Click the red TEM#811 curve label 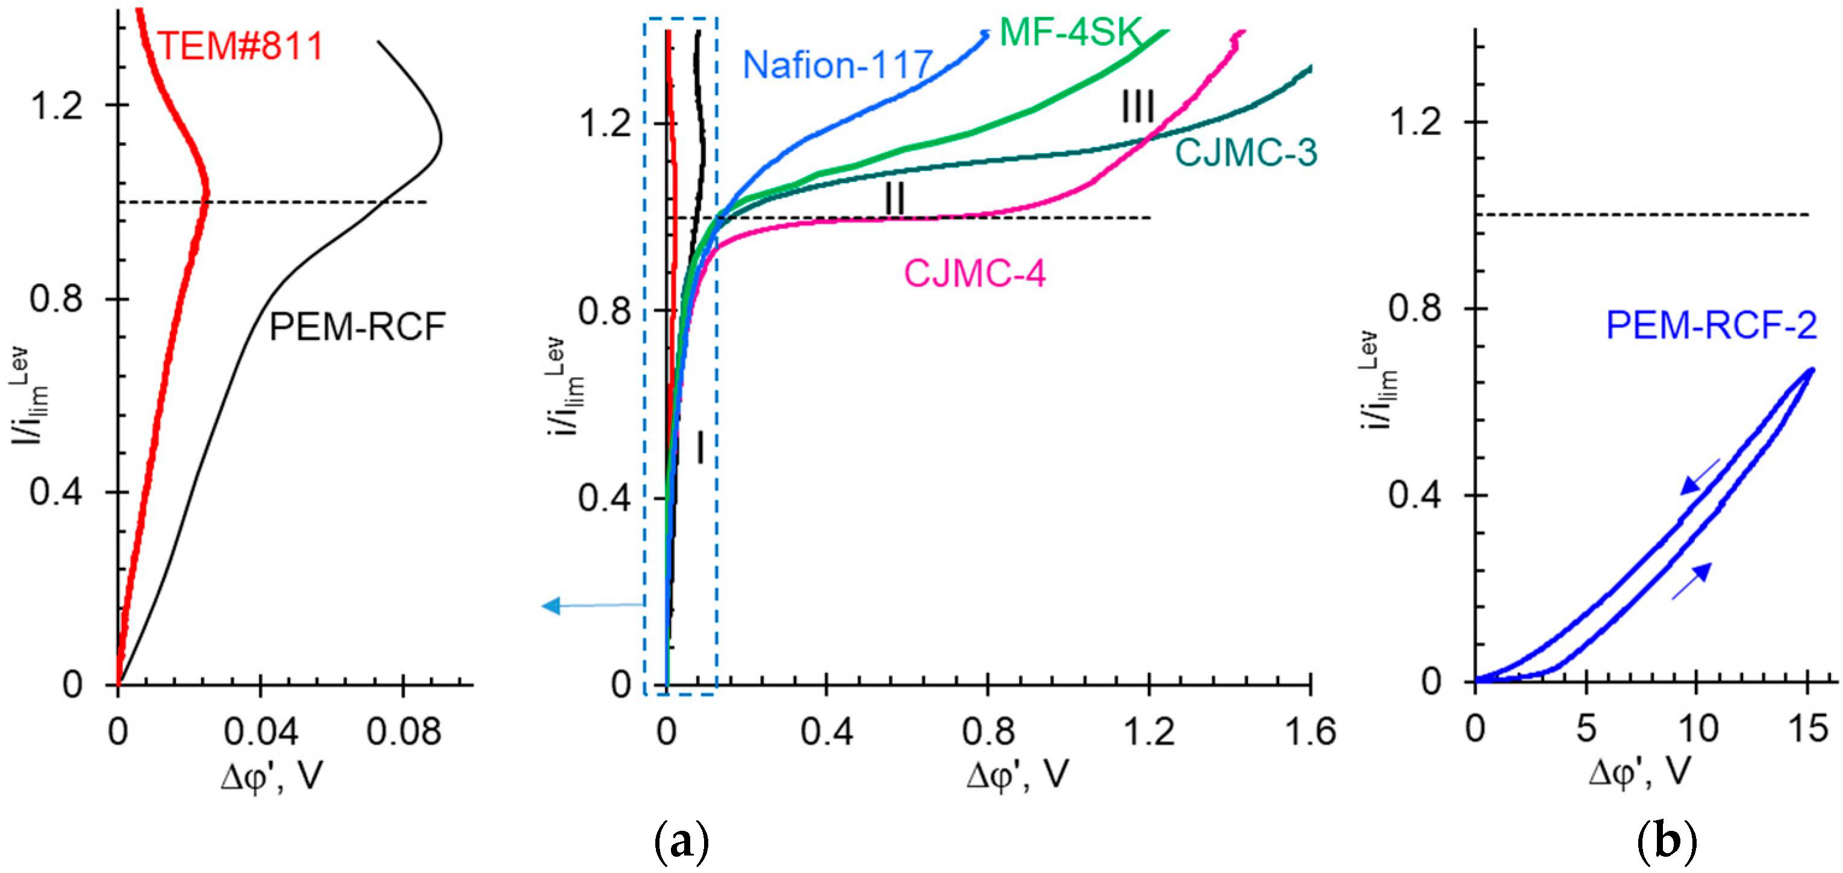click(x=240, y=46)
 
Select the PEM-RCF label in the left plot click(x=357, y=328)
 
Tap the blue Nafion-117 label click(x=838, y=65)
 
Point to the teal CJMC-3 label click(x=1246, y=153)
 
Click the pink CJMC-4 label click(x=975, y=274)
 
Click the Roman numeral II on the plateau click(x=894, y=198)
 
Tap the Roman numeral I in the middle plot click(x=700, y=449)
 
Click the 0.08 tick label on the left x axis click(x=403, y=732)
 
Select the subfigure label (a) click(x=681, y=842)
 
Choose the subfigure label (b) click(x=1667, y=842)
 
